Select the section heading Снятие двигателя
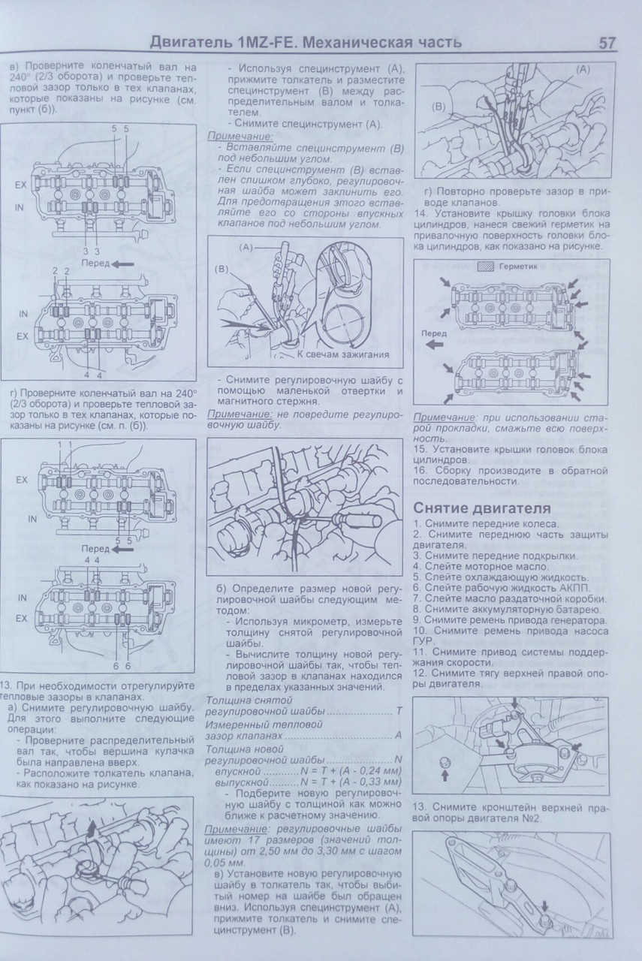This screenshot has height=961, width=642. [x=481, y=508]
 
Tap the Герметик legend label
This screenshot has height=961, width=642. [x=518, y=266]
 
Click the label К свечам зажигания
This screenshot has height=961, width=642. [x=343, y=354]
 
